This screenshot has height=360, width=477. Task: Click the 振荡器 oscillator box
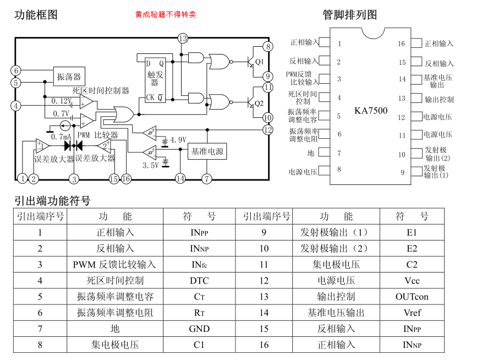(x=69, y=77)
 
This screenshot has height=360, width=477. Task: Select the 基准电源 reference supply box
(x=207, y=151)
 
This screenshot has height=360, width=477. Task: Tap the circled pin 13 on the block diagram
(x=183, y=38)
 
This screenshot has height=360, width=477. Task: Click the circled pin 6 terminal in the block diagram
(x=16, y=70)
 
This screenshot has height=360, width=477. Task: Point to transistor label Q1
(x=259, y=62)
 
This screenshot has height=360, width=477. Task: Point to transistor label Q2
(x=259, y=103)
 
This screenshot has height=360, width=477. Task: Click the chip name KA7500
(x=371, y=111)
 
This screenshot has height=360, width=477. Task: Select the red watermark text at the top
(x=166, y=14)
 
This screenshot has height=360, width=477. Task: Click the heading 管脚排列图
(x=350, y=15)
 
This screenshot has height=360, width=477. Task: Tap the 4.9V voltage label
(x=178, y=139)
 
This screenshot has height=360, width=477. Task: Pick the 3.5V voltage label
(x=151, y=165)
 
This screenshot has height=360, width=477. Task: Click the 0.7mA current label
(x=62, y=137)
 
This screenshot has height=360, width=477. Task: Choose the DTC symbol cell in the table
(x=199, y=281)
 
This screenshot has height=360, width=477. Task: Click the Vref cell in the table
(x=412, y=313)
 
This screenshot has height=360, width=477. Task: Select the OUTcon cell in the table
(x=412, y=297)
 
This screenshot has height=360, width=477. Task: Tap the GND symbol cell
(x=199, y=329)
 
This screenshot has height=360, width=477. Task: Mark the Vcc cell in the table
(x=412, y=281)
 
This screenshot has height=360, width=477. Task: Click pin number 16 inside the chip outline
(x=402, y=44)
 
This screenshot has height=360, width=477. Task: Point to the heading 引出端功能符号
(x=53, y=200)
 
